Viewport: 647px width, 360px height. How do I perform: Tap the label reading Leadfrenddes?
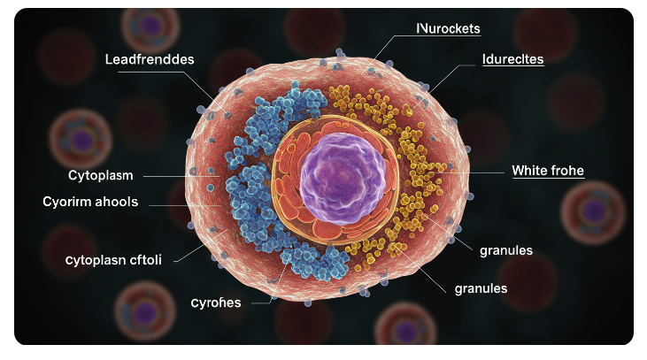pyautogui.click(x=150, y=58)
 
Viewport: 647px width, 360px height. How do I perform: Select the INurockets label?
pyautogui.click(x=448, y=28)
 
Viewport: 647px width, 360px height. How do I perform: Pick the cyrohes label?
pyautogui.click(x=215, y=302)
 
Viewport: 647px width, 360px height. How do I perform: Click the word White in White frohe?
pyautogui.click(x=532, y=171)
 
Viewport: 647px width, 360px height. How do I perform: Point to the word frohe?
pyautogui.click(x=568, y=171)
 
